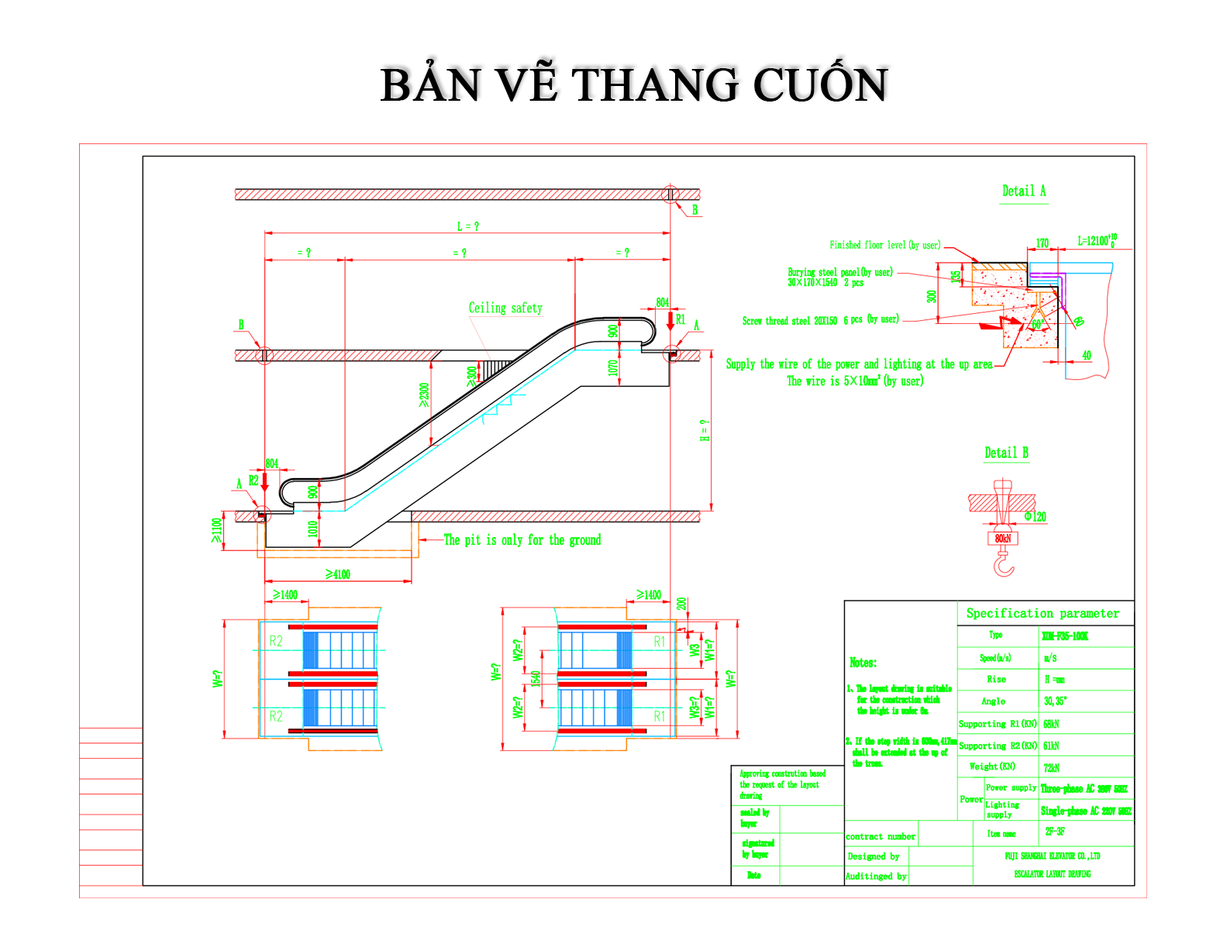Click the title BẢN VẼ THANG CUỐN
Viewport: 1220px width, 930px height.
pyautogui.click(x=634, y=84)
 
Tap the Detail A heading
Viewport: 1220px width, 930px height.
pyautogui.click(x=1023, y=191)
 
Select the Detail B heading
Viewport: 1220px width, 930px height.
pyautogui.click(x=1006, y=453)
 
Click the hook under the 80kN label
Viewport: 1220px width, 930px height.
pyautogui.click(x=1004, y=563)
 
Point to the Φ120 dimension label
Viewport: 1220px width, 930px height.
pyautogui.click(x=1035, y=517)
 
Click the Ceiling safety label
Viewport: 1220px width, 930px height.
pyautogui.click(x=505, y=308)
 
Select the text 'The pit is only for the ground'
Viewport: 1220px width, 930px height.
pyautogui.click(x=522, y=540)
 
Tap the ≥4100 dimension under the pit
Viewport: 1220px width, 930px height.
pyautogui.click(x=338, y=574)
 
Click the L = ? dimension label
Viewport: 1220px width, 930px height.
pyautogui.click(x=467, y=226)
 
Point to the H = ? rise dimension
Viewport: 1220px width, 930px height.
pyautogui.click(x=705, y=430)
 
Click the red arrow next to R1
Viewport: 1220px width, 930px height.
pyautogui.click(x=670, y=320)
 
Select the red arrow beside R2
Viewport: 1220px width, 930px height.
pyautogui.click(x=264, y=481)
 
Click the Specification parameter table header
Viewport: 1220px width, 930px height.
pyautogui.click(x=1043, y=613)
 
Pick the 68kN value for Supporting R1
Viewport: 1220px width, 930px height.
pyautogui.click(x=1051, y=724)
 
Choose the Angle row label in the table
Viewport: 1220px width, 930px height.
pyautogui.click(x=993, y=701)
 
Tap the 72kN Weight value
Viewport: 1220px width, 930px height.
pyautogui.click(x=1051, y=768)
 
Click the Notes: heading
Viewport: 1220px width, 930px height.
pyautogui.click(x=863, y=663)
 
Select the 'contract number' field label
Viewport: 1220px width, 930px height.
pyautogui.click(x=881, y=836)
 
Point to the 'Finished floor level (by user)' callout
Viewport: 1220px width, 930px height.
pyautogui.click(x=885, y=245)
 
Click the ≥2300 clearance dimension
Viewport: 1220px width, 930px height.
pyautogui.click(x=423, y=394)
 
